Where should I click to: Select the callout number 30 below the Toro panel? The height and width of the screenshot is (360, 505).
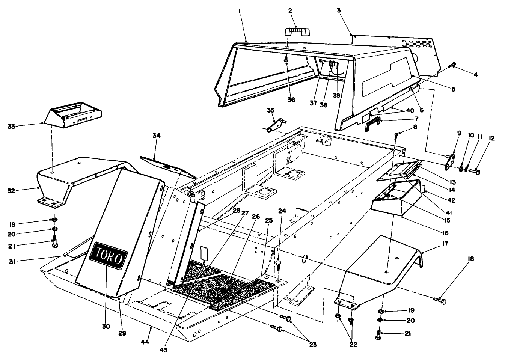coord(106,326)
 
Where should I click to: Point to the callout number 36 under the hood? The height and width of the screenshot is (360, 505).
coord(291,100)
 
